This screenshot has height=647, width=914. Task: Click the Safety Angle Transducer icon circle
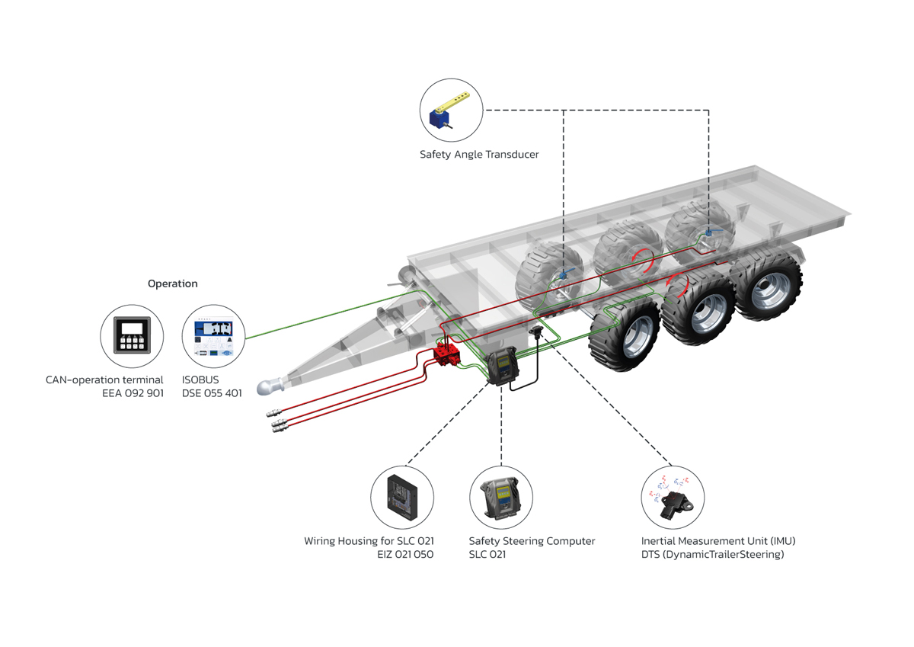coord(452,111)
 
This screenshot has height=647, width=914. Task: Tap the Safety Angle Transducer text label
coord(479,155)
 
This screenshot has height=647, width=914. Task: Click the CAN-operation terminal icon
coord(132,336)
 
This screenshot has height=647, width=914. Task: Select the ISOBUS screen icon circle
coord(213,336)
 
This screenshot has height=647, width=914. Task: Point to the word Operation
coord(172,283)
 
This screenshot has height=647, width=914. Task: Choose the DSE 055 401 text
coord(212,393)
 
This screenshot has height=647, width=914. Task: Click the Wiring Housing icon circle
coord(402,497)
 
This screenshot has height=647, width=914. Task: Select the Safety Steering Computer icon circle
coord(501,497)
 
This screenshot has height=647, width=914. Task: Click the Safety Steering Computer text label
coord(532,541)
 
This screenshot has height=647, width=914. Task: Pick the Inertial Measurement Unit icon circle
coord(673,497)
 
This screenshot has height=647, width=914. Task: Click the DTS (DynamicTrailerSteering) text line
coord(712,555)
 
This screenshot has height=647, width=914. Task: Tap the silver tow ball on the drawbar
coord(270,387)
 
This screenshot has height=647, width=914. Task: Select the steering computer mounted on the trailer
coord(503,367)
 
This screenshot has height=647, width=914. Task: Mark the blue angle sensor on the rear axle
coord(708,232)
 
